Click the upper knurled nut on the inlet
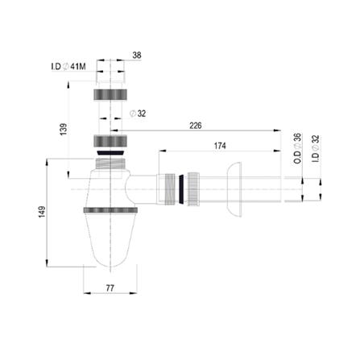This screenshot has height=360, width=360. (x=110, y=94)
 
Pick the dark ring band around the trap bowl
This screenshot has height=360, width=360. (x=110, y=212)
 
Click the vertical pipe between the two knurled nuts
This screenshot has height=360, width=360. (x=110, y=119)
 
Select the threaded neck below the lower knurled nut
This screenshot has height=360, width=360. (x=110, y=164)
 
